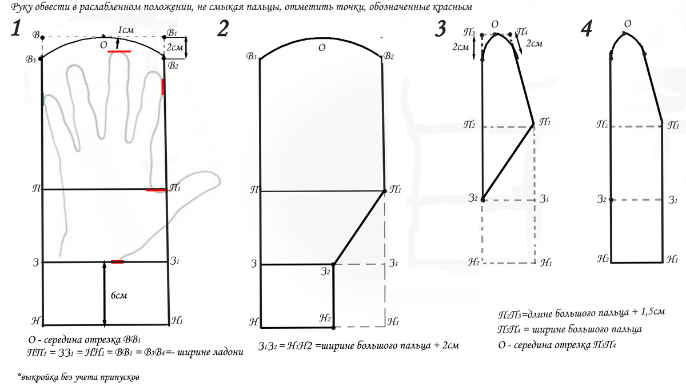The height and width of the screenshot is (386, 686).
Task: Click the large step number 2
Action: pos(224,29)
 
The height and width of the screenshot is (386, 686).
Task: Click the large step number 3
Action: pos(440,29)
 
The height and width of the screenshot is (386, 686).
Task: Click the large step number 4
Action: pos(587,29)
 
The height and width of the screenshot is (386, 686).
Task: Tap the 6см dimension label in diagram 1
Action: pos(119,295)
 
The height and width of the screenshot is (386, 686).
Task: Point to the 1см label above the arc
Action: pos(126,30)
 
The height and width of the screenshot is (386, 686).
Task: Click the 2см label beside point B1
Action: pos(174,47)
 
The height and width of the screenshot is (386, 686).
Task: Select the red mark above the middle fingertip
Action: pos(119,51)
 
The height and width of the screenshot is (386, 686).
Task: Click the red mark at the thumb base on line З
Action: pos(118,262)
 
